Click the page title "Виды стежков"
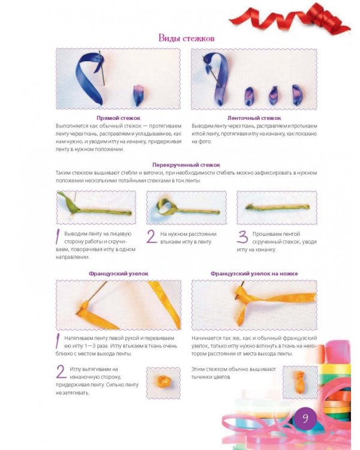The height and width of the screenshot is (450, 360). [187, 38]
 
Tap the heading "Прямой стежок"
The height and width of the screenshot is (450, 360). [118, 118]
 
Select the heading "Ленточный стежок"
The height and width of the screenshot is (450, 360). [254, 118]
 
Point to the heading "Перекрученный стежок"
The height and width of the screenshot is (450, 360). [187, 165]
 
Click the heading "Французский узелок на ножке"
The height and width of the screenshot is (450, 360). [254, 274]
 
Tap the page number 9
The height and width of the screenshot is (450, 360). [305, 418]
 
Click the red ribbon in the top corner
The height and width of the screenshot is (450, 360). [290, 19]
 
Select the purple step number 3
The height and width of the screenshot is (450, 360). [242, 237]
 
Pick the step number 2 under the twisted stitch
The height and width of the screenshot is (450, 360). [152, 236]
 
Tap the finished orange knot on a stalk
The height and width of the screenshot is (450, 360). [299, 382]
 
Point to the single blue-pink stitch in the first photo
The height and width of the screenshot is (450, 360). [138, 95]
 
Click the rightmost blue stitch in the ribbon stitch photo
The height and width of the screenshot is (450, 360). [297, 95]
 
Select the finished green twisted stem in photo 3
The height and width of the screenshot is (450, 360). [278, 207]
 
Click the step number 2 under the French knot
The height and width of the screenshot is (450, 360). [61, 372]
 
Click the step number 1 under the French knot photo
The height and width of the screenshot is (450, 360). [58, 341]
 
